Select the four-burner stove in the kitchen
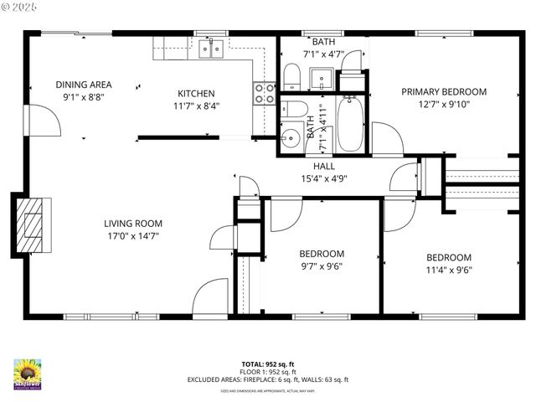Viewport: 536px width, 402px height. tap(265, 93)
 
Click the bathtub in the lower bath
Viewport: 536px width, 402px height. tap(350, 124)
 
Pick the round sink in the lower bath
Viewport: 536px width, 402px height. tap(290, 137)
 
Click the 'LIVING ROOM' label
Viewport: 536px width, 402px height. tap(133, 224)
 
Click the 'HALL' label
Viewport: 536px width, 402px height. tap(324, 166)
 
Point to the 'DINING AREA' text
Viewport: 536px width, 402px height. tap(84, 85)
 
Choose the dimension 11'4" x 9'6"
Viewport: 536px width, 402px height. tap(448, 270)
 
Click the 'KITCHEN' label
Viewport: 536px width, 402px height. tap(196, 93)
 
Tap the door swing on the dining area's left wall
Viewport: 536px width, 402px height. tap(45, 121)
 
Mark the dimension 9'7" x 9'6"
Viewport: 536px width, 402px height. tap(322, 266)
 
